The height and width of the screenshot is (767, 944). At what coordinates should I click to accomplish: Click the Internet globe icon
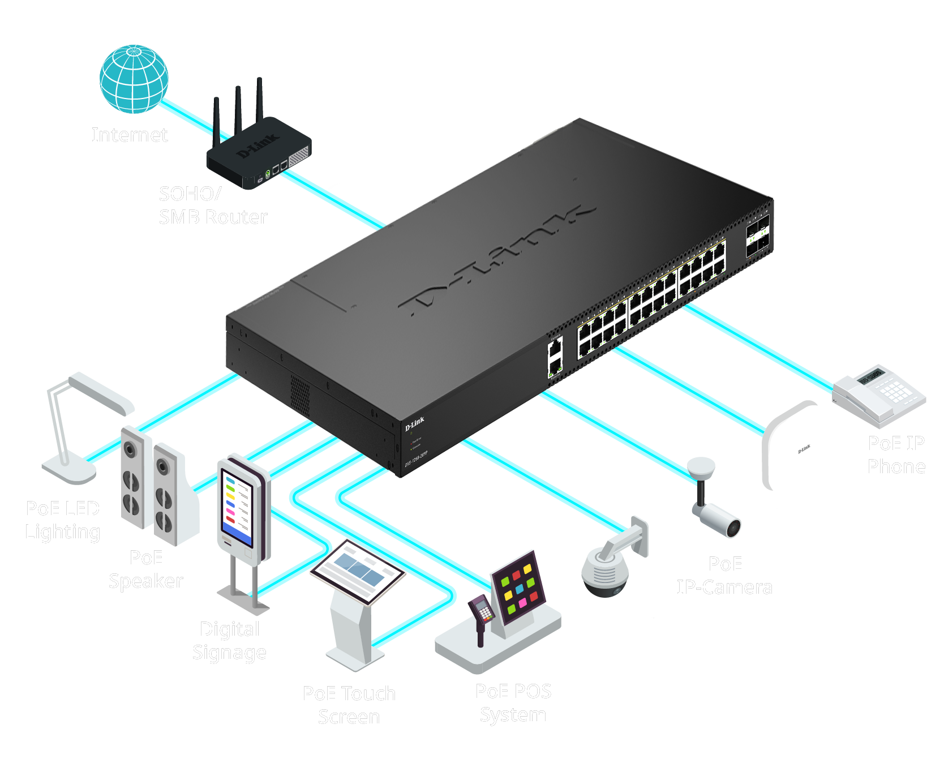pos(134,79)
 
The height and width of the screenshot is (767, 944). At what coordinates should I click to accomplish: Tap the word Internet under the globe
pos(130,135)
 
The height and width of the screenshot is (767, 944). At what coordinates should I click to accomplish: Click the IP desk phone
pos(879,393)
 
